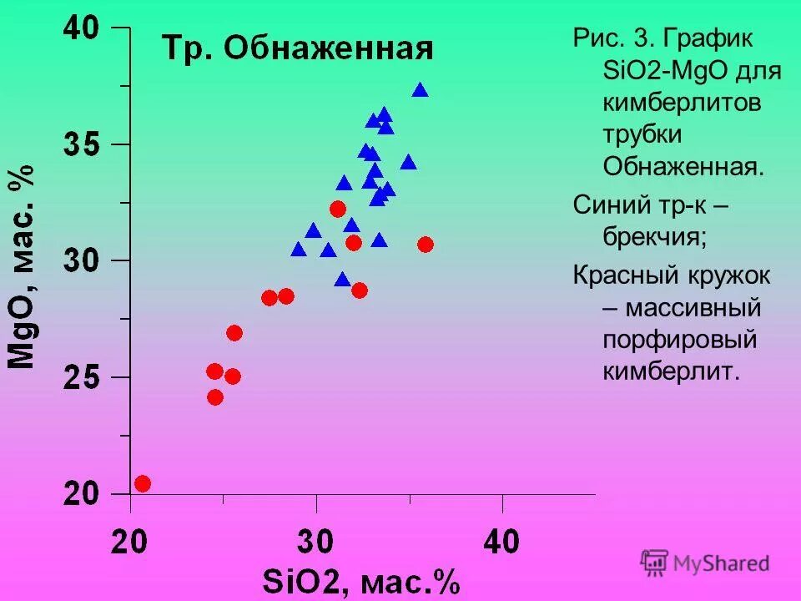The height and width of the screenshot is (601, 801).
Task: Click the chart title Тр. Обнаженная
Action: click(297, 48)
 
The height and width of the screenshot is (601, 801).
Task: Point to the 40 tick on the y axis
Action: click(83, 29)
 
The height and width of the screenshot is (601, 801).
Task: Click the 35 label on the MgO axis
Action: click(83, 145)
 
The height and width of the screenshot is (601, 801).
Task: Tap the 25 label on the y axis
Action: click(83, 378)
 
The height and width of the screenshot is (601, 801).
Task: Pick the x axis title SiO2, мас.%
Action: click(360, 582)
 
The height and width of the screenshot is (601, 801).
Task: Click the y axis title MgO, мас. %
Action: click(23, 266)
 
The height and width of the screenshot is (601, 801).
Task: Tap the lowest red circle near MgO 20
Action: click(143, 484)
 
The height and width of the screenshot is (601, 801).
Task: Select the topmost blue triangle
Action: click(421, 90)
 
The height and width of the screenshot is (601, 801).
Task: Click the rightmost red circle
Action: click(426, 245)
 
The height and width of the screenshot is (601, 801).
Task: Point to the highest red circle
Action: click(338, 209)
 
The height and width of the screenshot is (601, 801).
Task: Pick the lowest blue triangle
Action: click(342, 280)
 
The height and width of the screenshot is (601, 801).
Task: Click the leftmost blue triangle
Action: click(299, 250)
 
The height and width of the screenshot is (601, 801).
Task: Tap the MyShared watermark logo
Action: click(705, 563)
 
